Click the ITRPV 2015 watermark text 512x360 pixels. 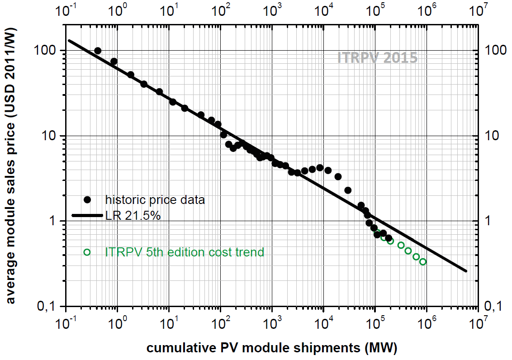(377, 58)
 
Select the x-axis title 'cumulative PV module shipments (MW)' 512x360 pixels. (271, 348)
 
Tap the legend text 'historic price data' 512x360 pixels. (155, 199)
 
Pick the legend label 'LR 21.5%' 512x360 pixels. (133, 216)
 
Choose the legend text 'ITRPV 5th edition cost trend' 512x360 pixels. (184, 252)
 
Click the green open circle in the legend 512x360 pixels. (87, 252)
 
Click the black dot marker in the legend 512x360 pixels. (87, 199)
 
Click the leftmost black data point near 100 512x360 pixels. (98, 51)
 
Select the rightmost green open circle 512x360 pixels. (423, 261)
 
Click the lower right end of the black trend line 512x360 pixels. (466, 271)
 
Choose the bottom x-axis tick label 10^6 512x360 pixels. (426, 324)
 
